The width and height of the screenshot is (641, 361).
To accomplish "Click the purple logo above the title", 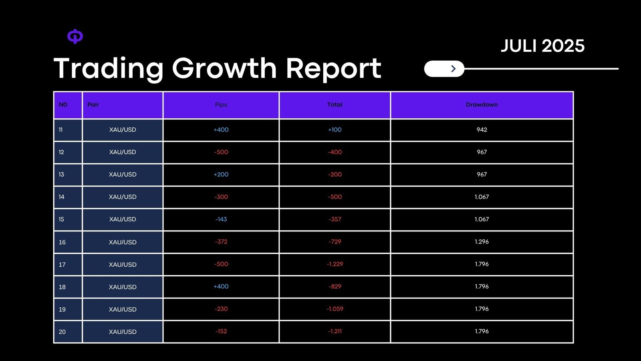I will pos(75,37).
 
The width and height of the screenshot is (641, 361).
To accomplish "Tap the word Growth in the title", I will pos(224,68).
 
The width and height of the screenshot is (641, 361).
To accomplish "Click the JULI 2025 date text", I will pos(542,46).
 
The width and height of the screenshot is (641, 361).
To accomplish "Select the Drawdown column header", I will pos(482,105).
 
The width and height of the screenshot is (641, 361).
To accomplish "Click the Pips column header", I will pos(221,105).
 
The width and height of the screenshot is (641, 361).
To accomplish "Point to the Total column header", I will pos(335,105).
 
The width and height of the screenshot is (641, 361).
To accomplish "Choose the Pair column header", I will pos(93,105).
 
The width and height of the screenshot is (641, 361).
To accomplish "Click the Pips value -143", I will pos(221,219).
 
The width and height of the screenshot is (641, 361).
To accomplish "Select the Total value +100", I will pos(335,130).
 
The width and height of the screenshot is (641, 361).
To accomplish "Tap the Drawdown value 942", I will pos(482,130).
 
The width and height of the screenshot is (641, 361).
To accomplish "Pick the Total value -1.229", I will pos(335,264).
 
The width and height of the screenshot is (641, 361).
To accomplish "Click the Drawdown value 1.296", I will pos(482,242).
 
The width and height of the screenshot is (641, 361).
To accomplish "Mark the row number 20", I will pos(62,332).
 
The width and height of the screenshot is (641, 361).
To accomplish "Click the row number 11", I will pos(60,130).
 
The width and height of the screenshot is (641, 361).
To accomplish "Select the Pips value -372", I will pos(221,242).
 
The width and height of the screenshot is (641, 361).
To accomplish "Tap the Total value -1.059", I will pos(335,309).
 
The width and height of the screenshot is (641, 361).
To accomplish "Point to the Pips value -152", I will pos(221,331).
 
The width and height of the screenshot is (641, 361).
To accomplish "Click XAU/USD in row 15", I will pos(123,219).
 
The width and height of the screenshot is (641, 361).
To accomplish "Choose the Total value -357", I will pos(335,219).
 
